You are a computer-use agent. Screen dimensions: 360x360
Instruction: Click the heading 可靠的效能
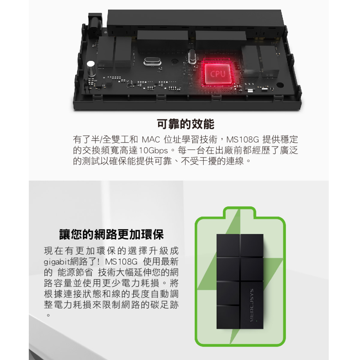(x=186, y=124)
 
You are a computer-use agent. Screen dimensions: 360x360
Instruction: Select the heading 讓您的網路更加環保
(x=111, y=235)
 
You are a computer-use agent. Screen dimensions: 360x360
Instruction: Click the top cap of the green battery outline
(x=240, y=212)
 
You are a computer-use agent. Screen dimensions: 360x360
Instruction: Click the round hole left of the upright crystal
(x=175, y=62)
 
